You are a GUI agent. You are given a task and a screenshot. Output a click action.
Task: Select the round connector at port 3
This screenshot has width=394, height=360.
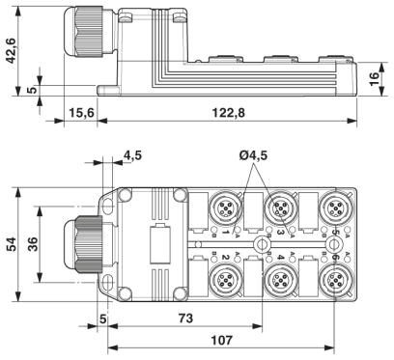[280, 207]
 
